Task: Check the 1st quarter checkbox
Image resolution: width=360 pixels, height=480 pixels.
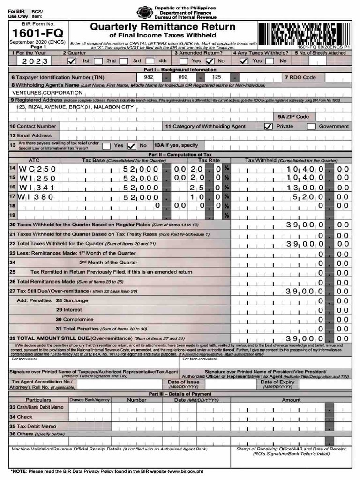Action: pos(72,61)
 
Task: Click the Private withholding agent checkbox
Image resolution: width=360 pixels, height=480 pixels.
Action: pos(268,126)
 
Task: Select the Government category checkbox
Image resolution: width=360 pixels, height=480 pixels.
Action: pos(311,126)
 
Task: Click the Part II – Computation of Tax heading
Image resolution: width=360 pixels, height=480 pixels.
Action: pos(180,154)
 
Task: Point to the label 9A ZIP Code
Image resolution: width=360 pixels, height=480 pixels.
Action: pos(293,117)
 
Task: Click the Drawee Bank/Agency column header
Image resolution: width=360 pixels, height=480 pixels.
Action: pos(90,400)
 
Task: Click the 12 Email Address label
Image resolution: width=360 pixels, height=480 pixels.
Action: pos(30,135)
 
